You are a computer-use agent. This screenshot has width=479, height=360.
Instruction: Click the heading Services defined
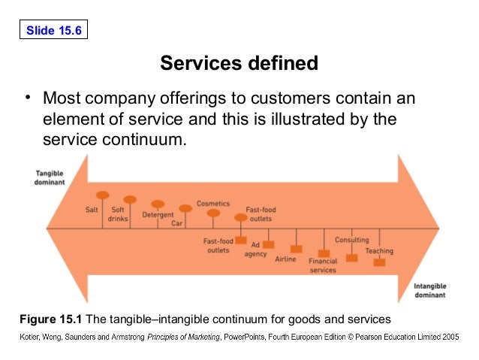tap(239, 63)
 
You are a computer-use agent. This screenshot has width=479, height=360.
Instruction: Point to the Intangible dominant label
tap(432, 289)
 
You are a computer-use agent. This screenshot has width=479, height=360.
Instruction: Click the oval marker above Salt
tap(103, 195)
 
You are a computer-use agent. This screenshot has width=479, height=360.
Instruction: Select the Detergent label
tap(158, 215)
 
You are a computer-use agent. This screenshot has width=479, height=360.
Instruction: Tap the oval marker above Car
tap(185, 208)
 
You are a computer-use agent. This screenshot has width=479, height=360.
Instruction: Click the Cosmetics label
tap(213, 203)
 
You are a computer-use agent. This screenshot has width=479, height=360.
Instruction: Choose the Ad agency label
tap(255, 249)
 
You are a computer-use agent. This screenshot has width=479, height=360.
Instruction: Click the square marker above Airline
tap(296, 248)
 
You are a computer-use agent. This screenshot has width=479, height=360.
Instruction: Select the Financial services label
tap(323, 265)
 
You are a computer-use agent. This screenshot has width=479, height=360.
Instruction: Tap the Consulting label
tap(351, 240)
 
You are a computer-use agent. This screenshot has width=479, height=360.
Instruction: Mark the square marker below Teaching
tap(379, 262)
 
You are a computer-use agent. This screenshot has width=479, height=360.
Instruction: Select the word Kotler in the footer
tap(32, 337)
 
